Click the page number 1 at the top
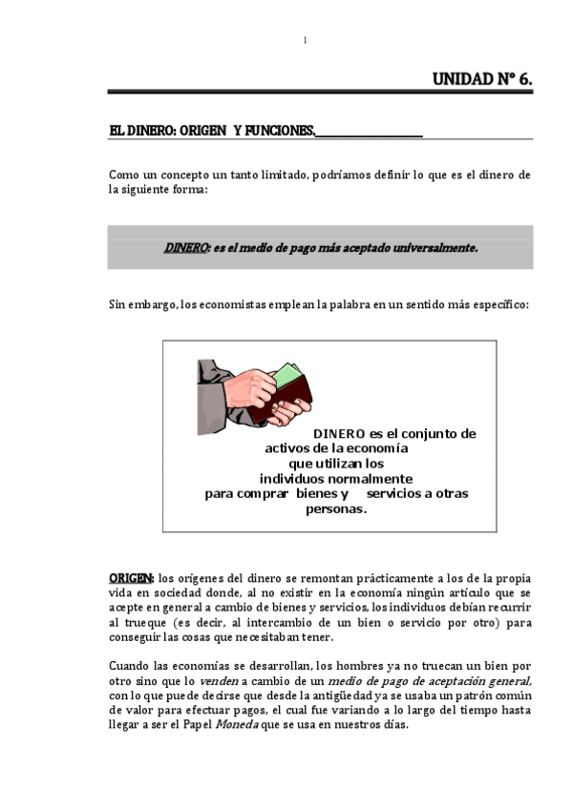[x=304, y=39]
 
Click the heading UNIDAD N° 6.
[x=482, y=80]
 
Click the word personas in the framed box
[x=336, y=509]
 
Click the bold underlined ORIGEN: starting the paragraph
[x=131, y=578]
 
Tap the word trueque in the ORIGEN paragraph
[x=140, y=622]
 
